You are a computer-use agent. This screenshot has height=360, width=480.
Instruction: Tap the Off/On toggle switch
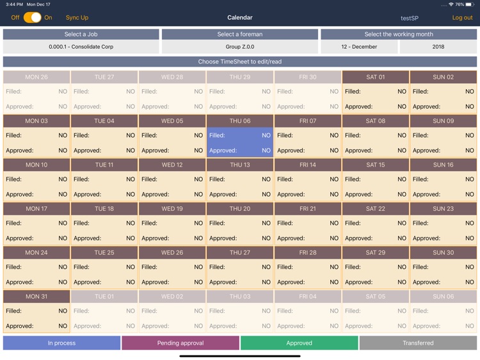pyautogui.click(x=32, y=18)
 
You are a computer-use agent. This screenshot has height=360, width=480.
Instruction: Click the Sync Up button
pyautogui.click(x=77, y=18)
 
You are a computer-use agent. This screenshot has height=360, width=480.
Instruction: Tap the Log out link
pyautogui.click(x=462, y=18)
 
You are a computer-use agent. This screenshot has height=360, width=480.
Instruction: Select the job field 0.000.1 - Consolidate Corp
pyautogui.click(x=81, y=47)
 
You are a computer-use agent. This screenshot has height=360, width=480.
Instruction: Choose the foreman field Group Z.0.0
pyautogui.click(x=240, y=47)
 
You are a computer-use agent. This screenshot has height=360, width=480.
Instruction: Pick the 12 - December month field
pyautogui.click(x=359, y=47)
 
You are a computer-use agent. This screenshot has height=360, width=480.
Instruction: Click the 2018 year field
pyautogui.click(x=438, y=47)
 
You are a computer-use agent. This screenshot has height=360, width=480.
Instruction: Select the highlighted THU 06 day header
pyautogui.click(x=240, y=121)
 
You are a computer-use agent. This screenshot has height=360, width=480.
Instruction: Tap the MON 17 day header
pyautogui.click(x=36, y=209)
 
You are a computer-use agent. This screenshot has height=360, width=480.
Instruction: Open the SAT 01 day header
pyautogui.click(x=376, y=77)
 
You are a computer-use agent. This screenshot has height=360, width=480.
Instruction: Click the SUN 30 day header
pyautogui.click(x=444, y=252)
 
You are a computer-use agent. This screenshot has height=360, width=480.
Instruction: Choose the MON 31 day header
pyautogui.click(x=36, y=297)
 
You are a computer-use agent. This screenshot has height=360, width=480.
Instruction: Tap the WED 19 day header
pyautogui.click(x=172, y=209)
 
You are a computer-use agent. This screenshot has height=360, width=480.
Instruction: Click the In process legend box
pyautogui.click(x=61, y=343)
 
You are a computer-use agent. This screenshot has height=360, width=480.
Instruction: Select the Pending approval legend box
pyautogui.click(x=180, y=343)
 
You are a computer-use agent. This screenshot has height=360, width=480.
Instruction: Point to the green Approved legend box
pyautogui.click(x=299, y=343)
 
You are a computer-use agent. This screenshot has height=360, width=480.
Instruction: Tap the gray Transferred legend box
pyautogui.click(x=418, y=343)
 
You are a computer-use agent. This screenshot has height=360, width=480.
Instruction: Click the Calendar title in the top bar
pyautogui.click(x=240, y=18)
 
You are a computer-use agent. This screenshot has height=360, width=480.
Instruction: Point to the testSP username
pyautogui.click(x=410, y=19)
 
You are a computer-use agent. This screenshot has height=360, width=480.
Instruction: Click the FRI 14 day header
pyautogui.click(x=308, y=165)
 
